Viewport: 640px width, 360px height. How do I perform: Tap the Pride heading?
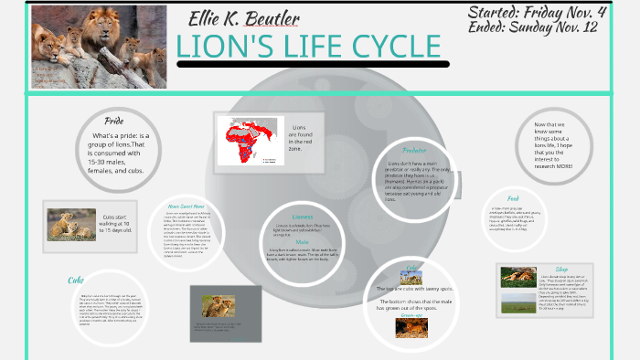click(x=114, y=121)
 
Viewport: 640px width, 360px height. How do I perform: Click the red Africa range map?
click(x=246, y=142)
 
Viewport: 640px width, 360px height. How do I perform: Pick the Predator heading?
click(x=414, y=150)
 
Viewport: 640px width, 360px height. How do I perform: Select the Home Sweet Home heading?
click(x=192, y=206)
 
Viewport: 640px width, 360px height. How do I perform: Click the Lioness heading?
click(x=303, y=216)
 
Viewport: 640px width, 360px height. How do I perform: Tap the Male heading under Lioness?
click(x=302, y=240)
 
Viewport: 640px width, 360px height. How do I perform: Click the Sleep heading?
click(x=561, y=270)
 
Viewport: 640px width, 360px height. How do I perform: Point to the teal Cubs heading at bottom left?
click(x=76, y=280)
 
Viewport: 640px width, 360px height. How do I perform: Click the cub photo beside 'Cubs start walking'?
click(x=71, y=225)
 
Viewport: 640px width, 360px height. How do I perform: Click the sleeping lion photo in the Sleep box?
click(x=517, y=276)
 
